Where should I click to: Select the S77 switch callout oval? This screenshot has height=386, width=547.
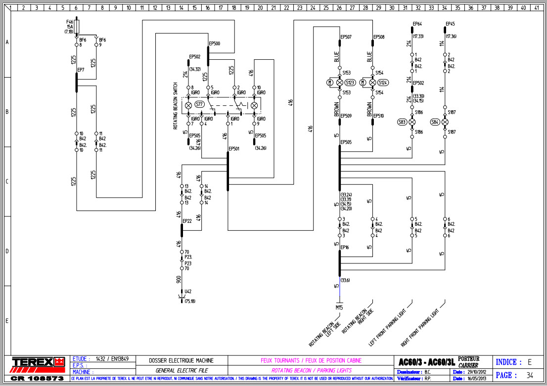point(200,104)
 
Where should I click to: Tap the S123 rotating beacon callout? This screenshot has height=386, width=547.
point(350,82)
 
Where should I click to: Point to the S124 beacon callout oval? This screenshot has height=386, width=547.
point(383,82)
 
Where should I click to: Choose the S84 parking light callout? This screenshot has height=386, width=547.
point(435,122)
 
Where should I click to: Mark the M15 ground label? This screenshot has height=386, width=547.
point(339,307)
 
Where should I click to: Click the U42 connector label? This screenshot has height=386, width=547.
point(188,292)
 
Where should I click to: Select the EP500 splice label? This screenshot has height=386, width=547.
point(215,43)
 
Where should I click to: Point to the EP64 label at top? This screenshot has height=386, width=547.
point(417,24)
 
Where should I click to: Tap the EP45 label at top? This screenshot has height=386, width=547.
point(450,24)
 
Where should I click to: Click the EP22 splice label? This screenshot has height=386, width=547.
point(187,221)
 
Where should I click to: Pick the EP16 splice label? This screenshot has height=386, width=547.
point(345,247)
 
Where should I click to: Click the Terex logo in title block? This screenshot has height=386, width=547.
point(39,362)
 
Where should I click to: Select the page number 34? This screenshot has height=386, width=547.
point(530,375)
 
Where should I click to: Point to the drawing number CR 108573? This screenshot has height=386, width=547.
point(37,378)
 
